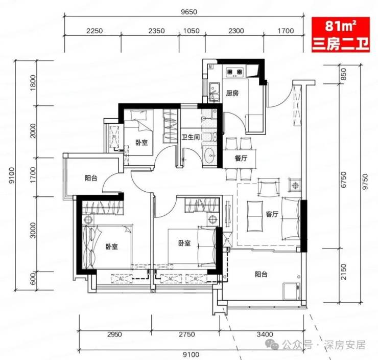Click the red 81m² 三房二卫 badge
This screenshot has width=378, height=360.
(340, 34)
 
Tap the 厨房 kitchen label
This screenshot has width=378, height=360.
(232, 93)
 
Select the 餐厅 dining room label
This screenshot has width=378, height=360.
(241, 159)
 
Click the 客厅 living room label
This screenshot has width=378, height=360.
(272, 214)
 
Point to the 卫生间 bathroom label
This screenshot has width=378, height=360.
(191, 137)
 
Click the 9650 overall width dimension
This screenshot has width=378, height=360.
(189, 12)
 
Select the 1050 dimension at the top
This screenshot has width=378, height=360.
(192, 31)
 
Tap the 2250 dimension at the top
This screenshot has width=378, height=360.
(94, 31)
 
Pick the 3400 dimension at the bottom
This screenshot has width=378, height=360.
(265, 334)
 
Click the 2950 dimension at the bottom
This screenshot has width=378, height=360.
(114, 334)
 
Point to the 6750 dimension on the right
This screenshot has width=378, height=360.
(344, 179)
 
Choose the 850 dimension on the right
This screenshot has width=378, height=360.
(344, 74)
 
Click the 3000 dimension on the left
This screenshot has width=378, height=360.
(33, 231)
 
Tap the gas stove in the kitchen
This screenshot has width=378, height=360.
(234, 72)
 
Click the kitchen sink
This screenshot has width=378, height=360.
(214, 92)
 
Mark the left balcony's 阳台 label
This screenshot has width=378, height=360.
(91, 178)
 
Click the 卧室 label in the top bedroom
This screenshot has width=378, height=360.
(141, 143)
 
